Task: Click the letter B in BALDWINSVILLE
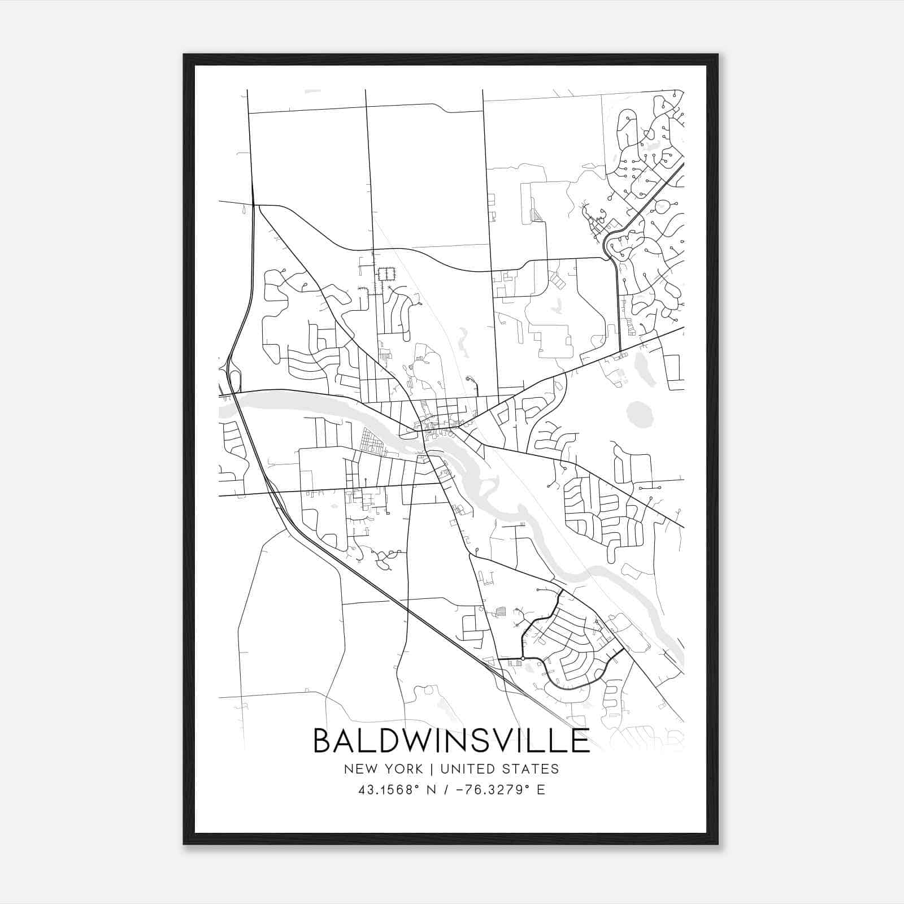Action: (x=323, y=741)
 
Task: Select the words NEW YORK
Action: (x=383, y=769)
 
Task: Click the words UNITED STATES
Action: (x=499, y=769)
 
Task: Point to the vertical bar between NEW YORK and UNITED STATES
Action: (x=432, y=769)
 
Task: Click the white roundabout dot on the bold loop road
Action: (x=523, y=658)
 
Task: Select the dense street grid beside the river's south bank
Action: (x=372, y=442)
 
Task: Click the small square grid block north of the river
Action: (x=386, y=274)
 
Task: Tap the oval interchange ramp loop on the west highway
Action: (x=235, y=381)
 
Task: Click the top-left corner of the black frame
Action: (x=184, y=55)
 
